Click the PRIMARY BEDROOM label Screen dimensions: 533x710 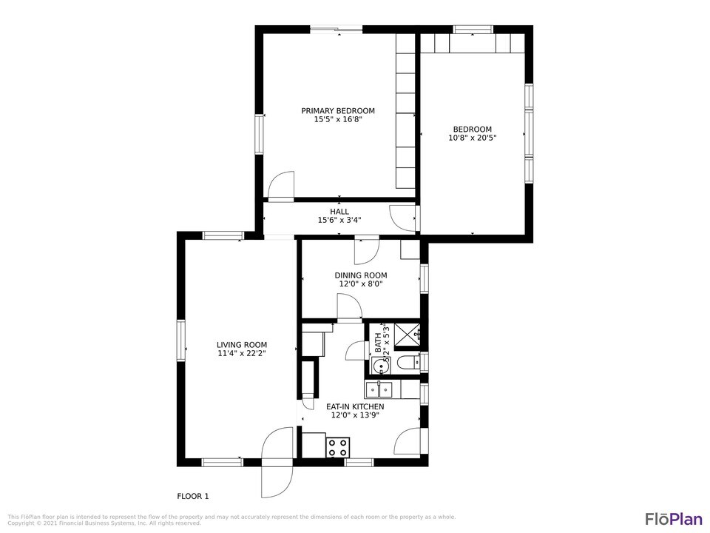(x=338, y=111)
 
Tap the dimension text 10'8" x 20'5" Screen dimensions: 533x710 (x=472, y=138)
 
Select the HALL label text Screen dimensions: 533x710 (x=339, y=212)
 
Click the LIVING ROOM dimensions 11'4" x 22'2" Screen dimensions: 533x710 (x=242, y=354)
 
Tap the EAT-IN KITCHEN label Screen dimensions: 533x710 (x=355, y=406)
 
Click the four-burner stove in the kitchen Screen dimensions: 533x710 (x=338, y=447)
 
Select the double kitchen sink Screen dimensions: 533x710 (x=383, y=389)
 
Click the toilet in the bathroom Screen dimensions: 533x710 (x=406, y=363)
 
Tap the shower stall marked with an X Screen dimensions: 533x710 (x=406, y=335)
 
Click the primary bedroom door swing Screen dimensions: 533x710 (x=281, y=187)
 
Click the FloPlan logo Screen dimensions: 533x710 (x=673, y=518)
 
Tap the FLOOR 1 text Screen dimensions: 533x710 (x=193, y=496)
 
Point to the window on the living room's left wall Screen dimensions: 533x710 (x=180, y=341)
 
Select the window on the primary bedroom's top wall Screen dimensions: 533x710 (x=336, y=30)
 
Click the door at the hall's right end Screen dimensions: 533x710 (x=403, y=217)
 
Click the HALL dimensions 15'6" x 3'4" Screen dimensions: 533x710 (x=339, y=220)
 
